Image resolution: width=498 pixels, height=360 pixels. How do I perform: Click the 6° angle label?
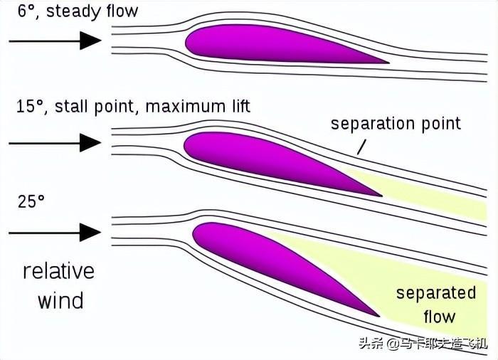pyautogui.click(x=26, y=11)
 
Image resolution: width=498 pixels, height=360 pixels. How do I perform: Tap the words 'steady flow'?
pyautogui.click(x=92, y=11)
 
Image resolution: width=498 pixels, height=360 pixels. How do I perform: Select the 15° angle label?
pyautogui.click(x=30, y=106)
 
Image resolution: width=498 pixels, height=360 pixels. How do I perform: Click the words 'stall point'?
pyautogui.click(x=95, y=107)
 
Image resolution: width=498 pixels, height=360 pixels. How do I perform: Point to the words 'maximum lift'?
pyautogui.click(x=198, y=107)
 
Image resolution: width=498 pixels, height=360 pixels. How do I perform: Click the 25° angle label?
pyautogui.click(x=31, y=201)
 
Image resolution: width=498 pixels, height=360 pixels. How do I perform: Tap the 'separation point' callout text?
pyautogui.click(x=396, y=124)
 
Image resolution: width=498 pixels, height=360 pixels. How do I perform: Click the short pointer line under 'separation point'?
pyautogui.click(x=361, y=147)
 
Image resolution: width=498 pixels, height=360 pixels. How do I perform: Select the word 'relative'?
pyautogui.click(x=59, y=271)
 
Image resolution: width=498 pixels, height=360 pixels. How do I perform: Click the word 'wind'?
pyautogui.click(x=60, y=300)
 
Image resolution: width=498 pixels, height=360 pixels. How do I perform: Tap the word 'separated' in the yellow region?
pyautogui.click(x=436, y=292)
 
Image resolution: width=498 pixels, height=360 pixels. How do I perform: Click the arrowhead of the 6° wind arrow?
pyautogui.click(x=90, y=41)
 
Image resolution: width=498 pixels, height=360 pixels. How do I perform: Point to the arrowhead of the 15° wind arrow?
pyautogui.click(x=90, y=143)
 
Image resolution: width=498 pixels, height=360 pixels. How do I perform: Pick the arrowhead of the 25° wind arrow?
pyautogui.click(x=90, y=232)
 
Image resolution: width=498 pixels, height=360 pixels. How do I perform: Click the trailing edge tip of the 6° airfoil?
pyautogui.click(x=388, y=63)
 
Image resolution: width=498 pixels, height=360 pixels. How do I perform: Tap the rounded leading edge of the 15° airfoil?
pyautogui.click(x=185, y=144)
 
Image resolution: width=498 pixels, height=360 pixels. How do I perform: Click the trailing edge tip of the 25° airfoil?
pyautogui.click(x=379, y=316)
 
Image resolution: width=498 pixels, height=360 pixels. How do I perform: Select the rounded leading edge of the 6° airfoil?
pyautogui.click(x=186, y=42)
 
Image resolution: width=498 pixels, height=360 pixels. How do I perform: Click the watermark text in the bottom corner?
pyautogui.click(x=423, y=344)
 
